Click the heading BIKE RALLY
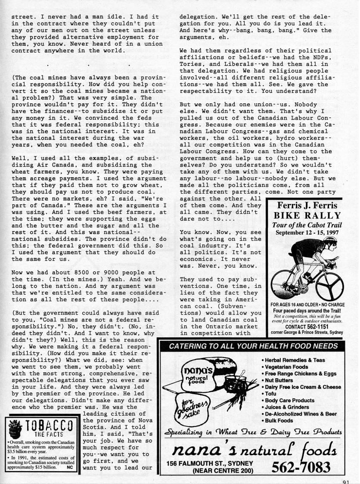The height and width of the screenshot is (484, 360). coord(307,216)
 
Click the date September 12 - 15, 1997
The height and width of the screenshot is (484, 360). coord(306,233)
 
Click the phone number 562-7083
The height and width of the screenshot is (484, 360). coord(302,466)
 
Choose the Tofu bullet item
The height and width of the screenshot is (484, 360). coord(271,394)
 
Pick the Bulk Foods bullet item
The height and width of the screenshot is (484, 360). coord(279,420)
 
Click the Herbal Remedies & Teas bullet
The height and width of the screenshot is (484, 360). coord(295,360)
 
